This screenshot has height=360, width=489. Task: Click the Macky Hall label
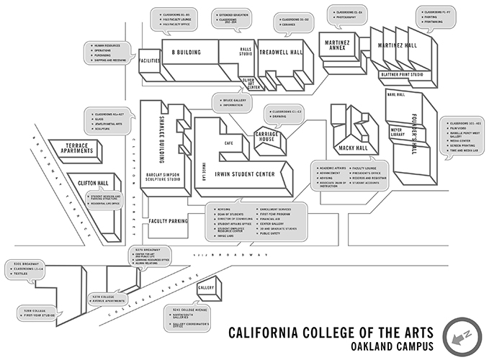point(353,148)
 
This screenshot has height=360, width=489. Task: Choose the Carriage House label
point(270,137)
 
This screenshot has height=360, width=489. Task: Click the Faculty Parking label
point(169,222)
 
